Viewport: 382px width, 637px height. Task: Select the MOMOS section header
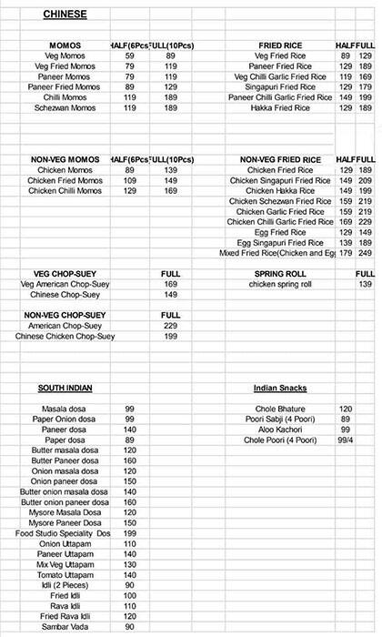64,45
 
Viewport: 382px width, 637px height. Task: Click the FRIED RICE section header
282,45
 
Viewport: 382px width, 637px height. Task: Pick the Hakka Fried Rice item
282,107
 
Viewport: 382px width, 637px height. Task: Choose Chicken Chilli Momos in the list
64,191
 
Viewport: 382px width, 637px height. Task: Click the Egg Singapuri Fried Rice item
280,243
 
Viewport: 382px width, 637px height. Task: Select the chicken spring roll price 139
365,285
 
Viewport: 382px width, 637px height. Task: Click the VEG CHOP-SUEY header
63,274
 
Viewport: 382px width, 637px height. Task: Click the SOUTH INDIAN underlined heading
65,389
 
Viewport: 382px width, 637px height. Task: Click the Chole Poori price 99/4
346,440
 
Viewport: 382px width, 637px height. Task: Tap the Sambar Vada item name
65,627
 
